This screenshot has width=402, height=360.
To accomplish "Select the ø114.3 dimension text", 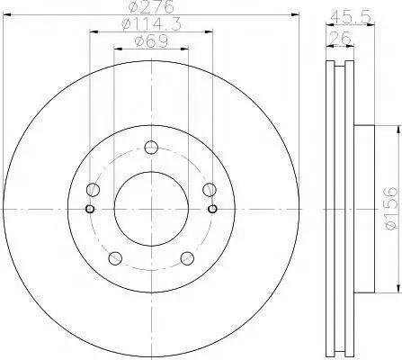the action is tap(152, 24).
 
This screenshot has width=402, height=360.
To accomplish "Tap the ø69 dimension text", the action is tap(151, 41).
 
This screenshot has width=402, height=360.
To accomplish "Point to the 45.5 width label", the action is tap(351, 18).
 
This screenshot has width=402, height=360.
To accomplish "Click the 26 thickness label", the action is tap(340, 38).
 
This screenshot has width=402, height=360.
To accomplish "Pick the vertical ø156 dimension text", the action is tap(390, 209).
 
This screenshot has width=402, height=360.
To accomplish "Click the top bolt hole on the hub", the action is tap(151, 148).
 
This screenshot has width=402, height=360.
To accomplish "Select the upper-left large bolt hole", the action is tap(93, 189).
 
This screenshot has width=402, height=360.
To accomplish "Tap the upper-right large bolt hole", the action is tap(209, 189).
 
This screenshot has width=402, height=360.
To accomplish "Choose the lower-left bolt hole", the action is tap(115, 258).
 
